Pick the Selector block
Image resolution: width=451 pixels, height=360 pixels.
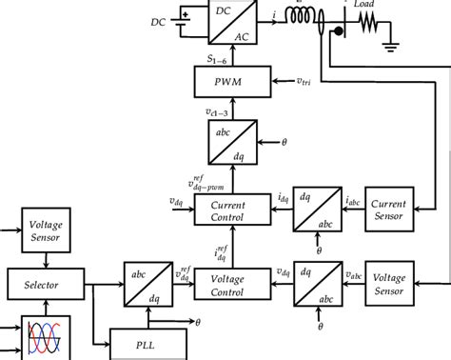33,283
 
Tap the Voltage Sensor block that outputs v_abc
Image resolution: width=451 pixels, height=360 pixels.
389,283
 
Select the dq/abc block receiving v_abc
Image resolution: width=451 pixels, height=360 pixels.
313,283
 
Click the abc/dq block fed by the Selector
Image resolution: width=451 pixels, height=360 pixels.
144,283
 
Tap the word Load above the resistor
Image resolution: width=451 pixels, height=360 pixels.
363,5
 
